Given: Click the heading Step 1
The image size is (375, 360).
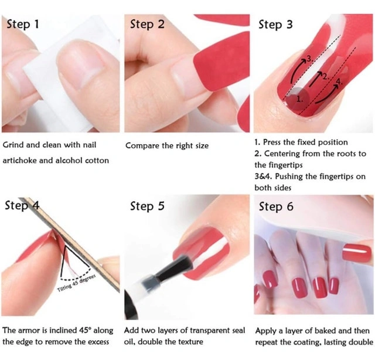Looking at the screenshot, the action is tap(23, 24).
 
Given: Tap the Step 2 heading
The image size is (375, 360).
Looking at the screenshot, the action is tap(147, 24).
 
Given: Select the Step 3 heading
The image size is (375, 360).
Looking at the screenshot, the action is tap(275, 25).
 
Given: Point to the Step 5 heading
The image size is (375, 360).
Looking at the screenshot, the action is tap(147, 206).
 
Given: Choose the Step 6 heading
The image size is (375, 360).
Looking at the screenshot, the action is tap(276, 206).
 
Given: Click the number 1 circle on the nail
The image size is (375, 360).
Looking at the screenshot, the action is tap(298, 99).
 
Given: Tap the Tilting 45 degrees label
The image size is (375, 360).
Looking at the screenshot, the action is tap(77, 283).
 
